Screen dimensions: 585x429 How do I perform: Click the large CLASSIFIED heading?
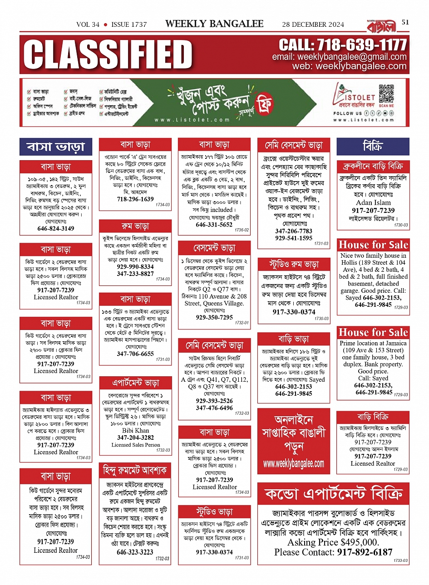[108, 54]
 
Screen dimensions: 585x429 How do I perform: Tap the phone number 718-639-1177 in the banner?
[343, 45]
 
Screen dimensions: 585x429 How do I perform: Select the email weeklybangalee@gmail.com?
[339, 57]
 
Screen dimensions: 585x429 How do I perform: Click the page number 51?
[405, 22]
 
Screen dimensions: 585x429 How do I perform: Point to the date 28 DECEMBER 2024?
[313, 25]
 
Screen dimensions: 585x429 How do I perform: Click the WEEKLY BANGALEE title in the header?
[214, 24]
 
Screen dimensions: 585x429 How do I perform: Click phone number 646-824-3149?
[55, 228]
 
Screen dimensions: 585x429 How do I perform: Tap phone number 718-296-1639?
[135, 199]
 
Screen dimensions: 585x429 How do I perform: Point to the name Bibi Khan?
[135, 430]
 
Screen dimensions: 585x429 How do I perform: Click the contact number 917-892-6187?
[365, 552]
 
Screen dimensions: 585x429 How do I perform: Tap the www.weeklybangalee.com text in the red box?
[294, 464]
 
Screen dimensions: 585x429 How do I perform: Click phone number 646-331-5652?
[214, 224]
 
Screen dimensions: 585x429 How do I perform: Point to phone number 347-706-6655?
[135, 354]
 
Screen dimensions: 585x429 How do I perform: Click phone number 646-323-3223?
[135, 552]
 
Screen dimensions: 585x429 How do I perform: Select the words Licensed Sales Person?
[135, 445]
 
